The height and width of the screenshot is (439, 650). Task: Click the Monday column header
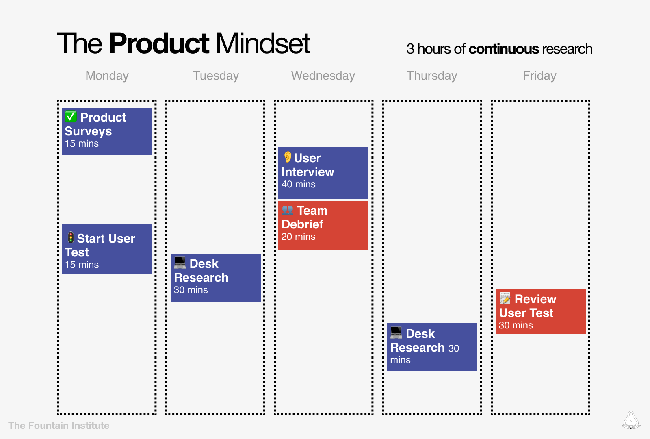click(x=107, y=76)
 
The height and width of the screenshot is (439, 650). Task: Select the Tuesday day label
click(x=216, y=76)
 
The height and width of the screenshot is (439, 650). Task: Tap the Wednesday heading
click(x=323, y=76)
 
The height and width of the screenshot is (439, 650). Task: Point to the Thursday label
click(x=432, y=76)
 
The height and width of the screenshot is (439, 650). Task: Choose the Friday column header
click(x=539, y=76)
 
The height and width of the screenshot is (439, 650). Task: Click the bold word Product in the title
click(x=159, y=43)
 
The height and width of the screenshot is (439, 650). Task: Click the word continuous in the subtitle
click(x=503, y=49)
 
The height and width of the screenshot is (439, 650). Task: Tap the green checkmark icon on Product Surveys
click(x=71, y=117)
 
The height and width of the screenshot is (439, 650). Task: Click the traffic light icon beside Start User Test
click(x=71, y=238)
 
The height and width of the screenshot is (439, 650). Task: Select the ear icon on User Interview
click(x=288, y=157)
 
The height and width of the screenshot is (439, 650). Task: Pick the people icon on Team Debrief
click(x=288, y=210)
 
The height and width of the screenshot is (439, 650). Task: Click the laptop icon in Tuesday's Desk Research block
click(x=180, y=263)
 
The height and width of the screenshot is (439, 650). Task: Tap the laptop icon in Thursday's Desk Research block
click(x=396, y=333)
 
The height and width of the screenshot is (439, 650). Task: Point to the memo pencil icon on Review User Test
click(x=505, y=298)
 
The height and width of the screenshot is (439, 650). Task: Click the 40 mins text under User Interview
click(x=299, y=185)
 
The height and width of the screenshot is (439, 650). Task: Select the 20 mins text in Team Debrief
click(x=299, y=237)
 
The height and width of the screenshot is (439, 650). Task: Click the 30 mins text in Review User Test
click(x=516, y=326)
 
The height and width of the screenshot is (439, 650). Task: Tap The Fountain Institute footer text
click(x=59, y=426)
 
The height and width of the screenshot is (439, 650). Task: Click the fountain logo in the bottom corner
click(x=630, y=420)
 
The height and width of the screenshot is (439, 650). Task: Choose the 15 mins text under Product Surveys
click(x=82, y=144)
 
